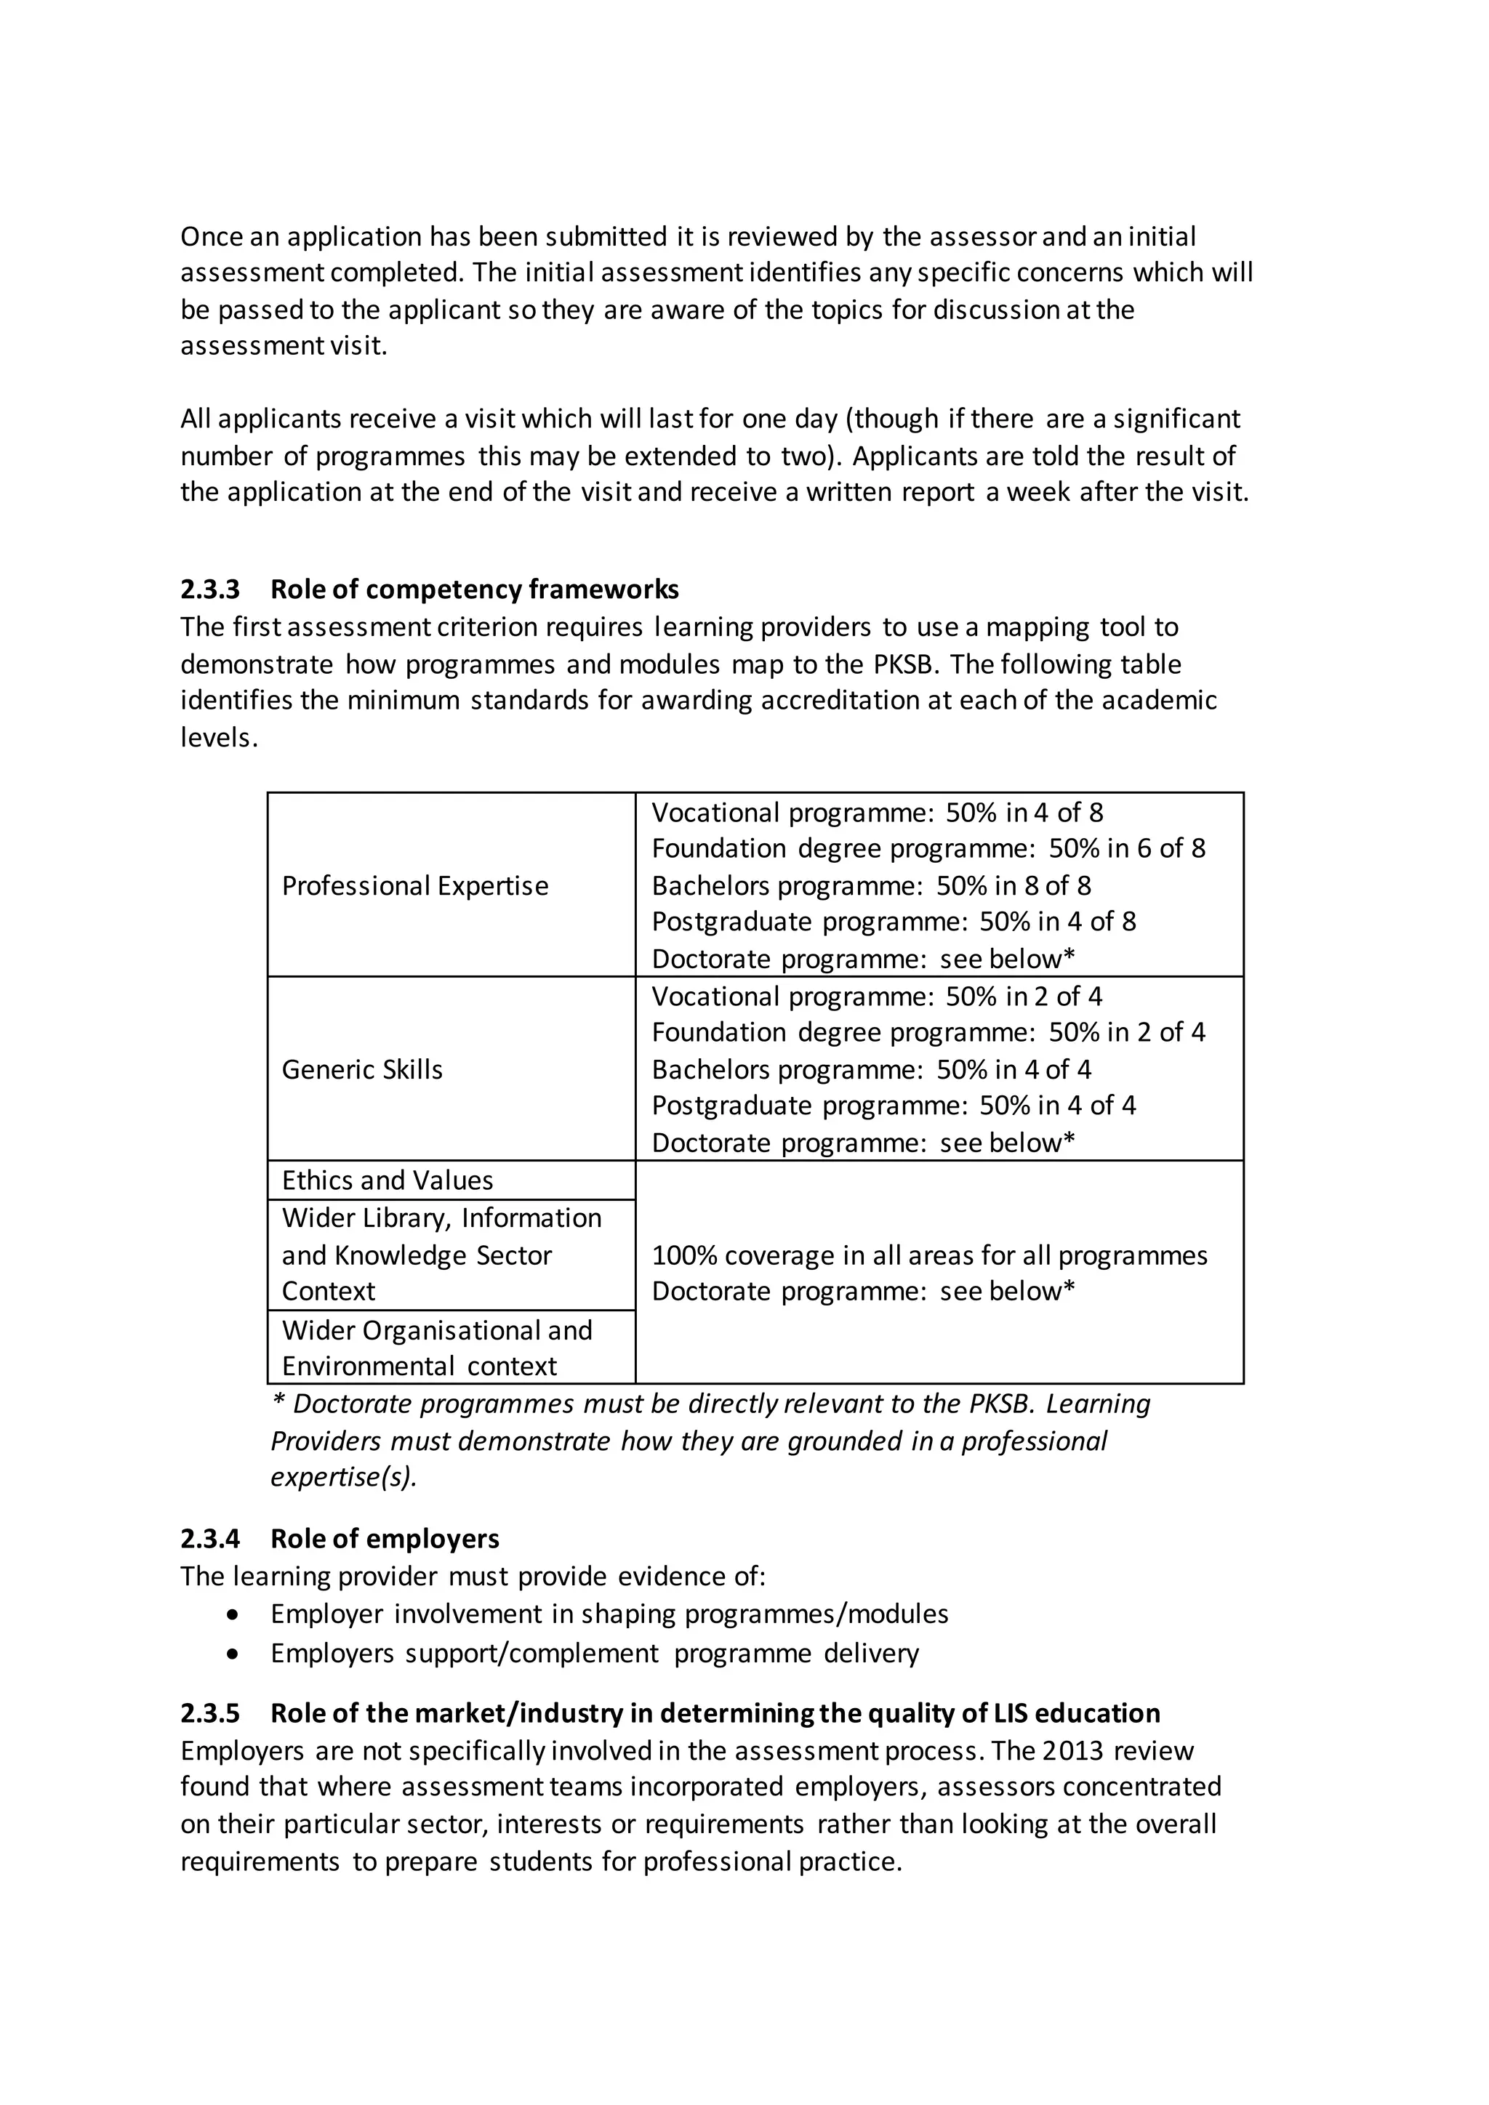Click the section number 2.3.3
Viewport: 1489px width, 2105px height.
pos(210,589)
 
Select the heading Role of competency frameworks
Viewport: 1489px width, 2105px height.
pos(474,589)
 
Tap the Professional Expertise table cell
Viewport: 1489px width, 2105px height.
pos(414,885)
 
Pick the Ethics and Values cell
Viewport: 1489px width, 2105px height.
pos(387,1180)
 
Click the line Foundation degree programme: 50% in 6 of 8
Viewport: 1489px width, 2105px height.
pos(928,848)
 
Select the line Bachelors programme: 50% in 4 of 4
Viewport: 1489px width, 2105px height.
pos(871,1069)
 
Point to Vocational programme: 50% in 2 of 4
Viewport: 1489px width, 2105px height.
pos(877,996)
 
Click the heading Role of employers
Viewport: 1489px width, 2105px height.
pos(385,1539)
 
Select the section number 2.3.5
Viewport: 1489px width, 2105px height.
pos(210,1712)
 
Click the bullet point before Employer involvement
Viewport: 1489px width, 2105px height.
pos(235,1614)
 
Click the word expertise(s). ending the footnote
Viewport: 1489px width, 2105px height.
pos(344,1477)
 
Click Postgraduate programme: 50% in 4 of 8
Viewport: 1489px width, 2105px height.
pos(893,922)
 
